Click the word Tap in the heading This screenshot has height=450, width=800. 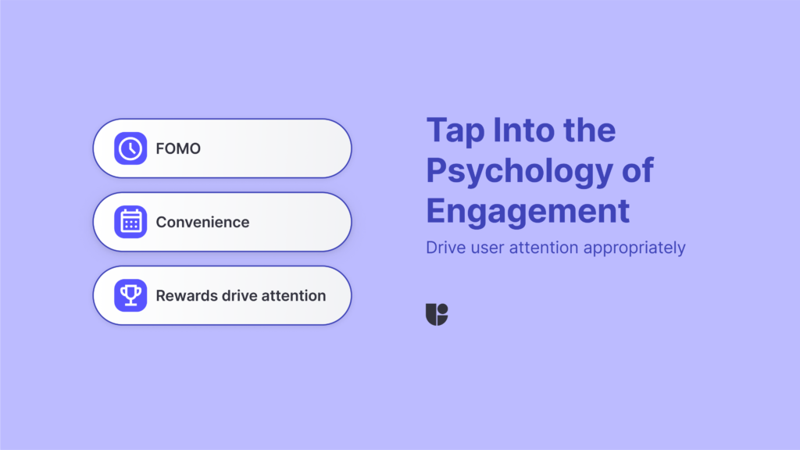[x=454, y=130]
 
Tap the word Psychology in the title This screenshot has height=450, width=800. [x=522, y=171]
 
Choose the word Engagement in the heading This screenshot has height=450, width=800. [x=527, y=211]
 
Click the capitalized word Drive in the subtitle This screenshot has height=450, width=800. [x=445, y=248]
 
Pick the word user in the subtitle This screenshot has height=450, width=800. [x=489, y=248]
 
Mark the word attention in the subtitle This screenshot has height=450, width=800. [x=547, y=248]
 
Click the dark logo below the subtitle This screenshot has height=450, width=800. [x=437, y=314]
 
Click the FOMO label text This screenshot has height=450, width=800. [x=178, y=148]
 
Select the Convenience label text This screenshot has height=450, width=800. [x=202, y=222]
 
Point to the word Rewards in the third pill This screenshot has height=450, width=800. [x=184, y=295]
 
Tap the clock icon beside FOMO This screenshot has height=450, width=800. [x=130, y=148]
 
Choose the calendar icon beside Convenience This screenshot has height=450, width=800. [x=130, y=222]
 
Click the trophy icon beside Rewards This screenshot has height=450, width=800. [x=130, y=295]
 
